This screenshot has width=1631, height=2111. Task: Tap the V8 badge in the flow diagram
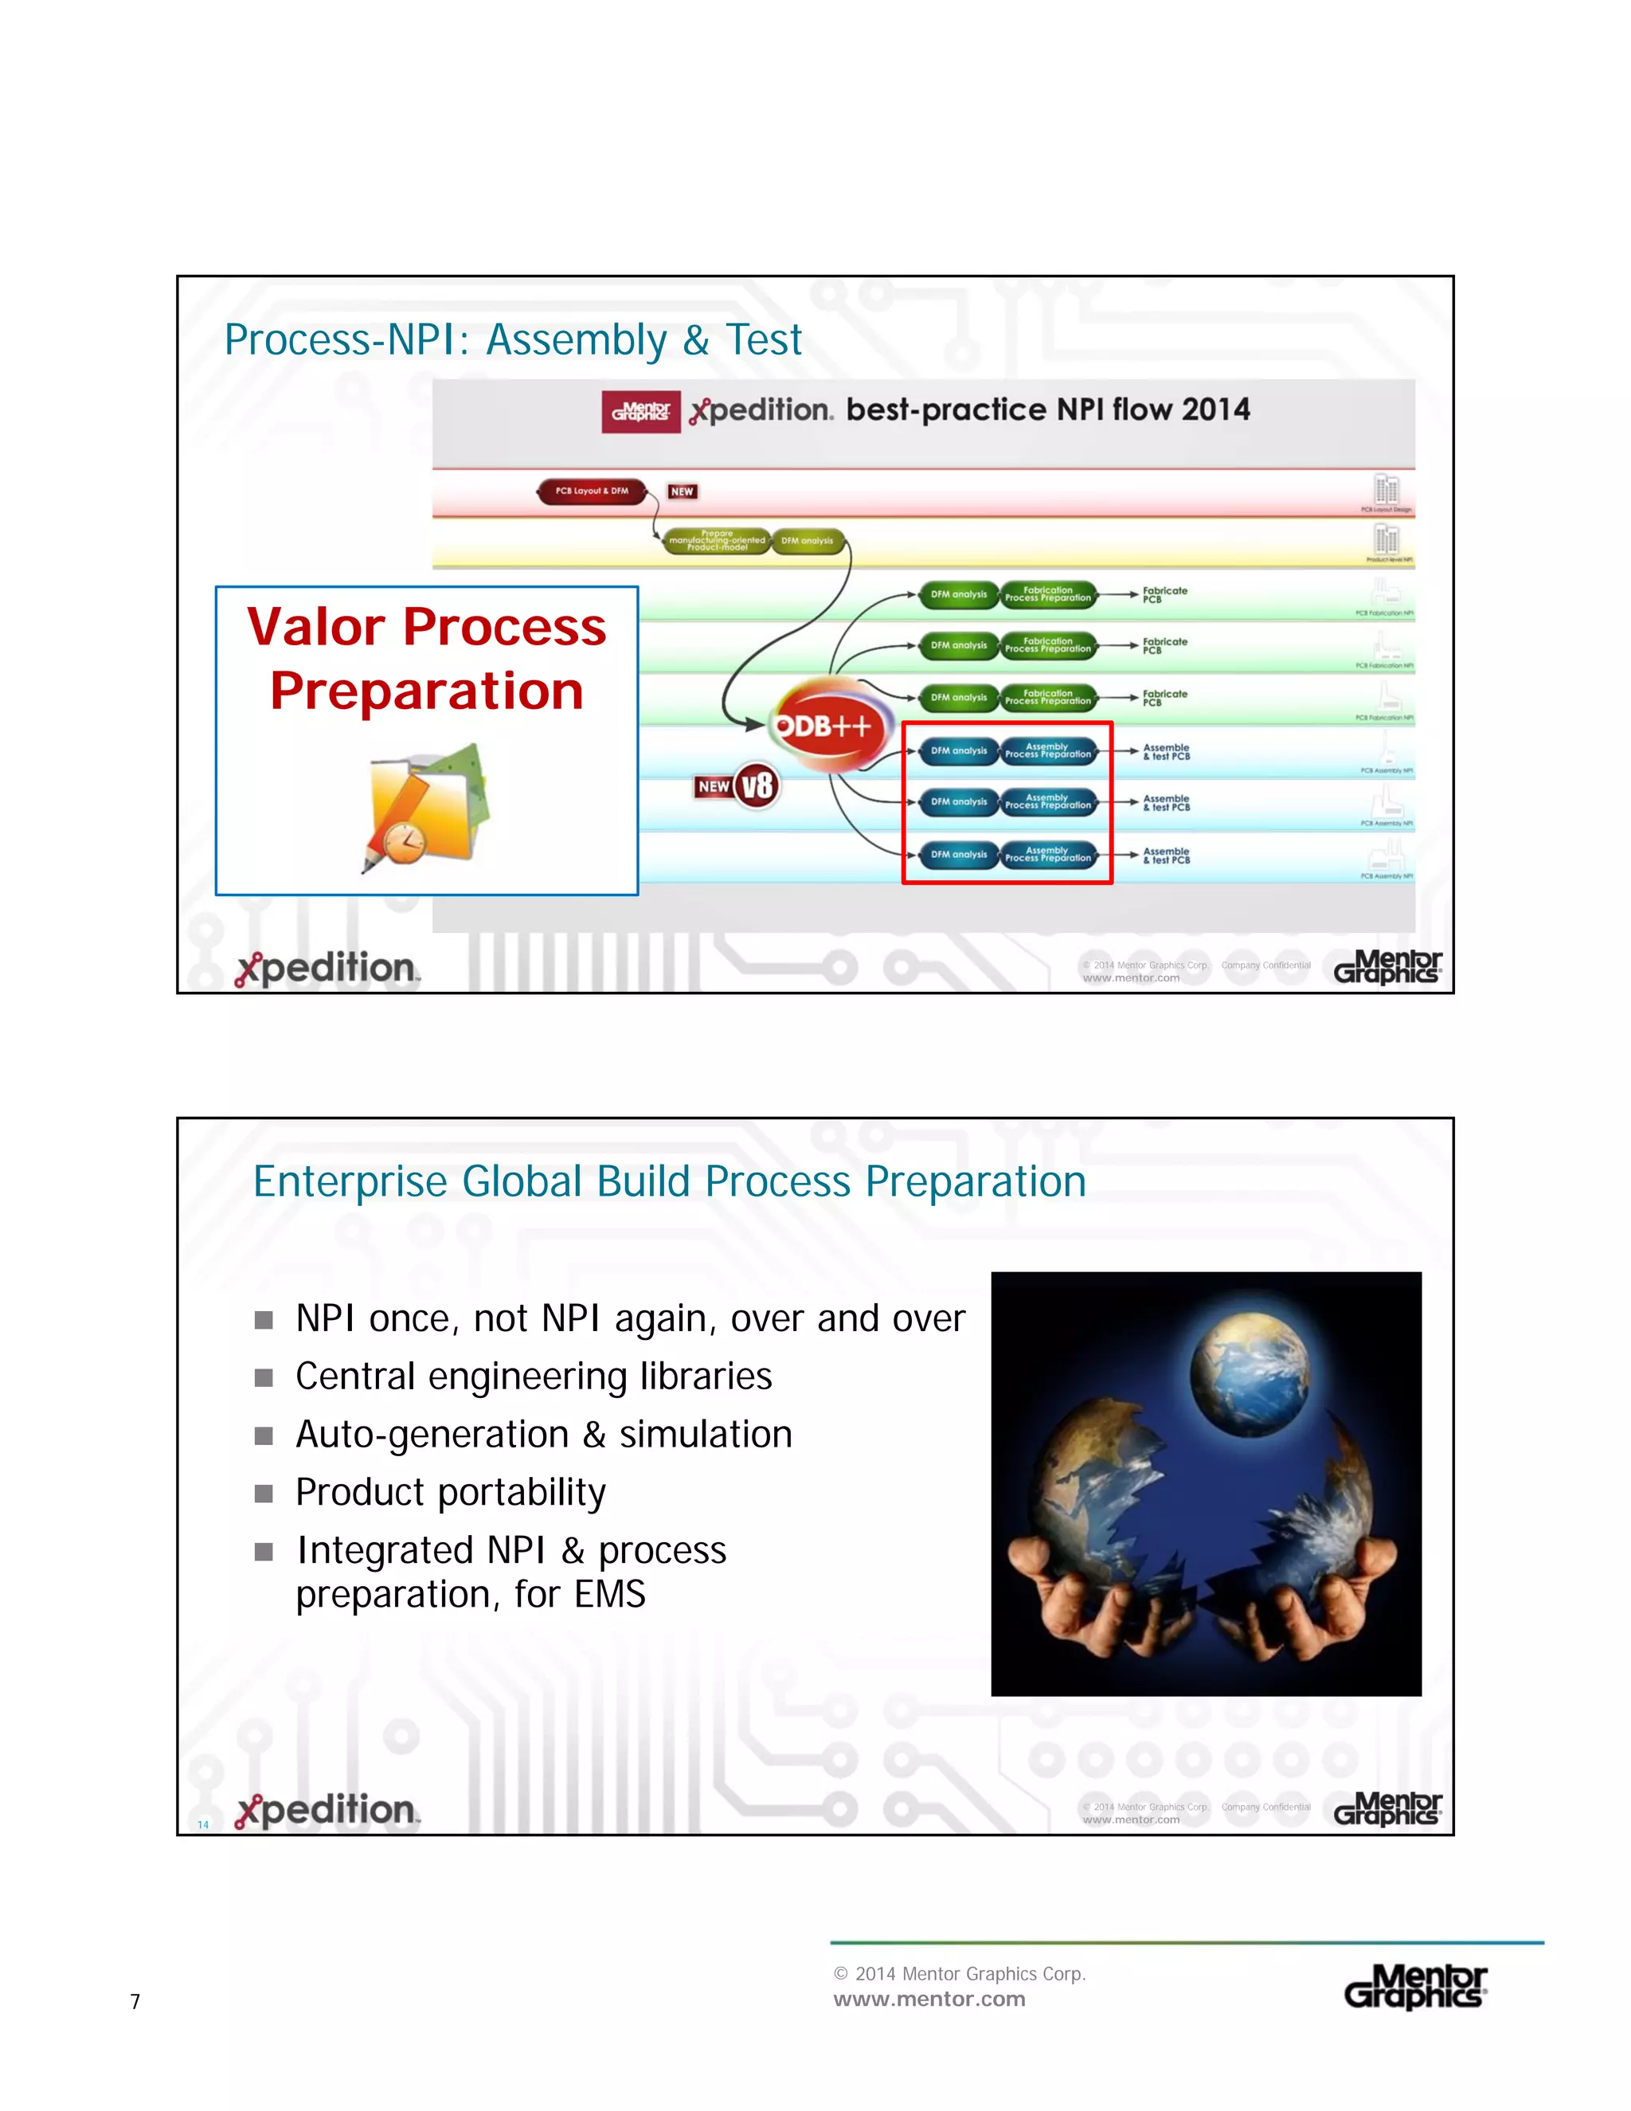click(x=757, y=785)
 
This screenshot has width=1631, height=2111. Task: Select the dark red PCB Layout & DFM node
click(x=592, y=491)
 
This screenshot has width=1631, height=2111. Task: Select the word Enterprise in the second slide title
click(x=350, y=1181)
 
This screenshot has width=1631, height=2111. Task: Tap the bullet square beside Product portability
click(x=264, y=1494)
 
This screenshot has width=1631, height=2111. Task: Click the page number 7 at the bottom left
click(x=135, y=2002)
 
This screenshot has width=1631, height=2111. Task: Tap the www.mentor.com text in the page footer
click(x=929, y=1999)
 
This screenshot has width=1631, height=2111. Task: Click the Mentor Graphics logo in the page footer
click(x=1415, y=1988)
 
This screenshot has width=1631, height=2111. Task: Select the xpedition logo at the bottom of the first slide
click(x=327, y=969)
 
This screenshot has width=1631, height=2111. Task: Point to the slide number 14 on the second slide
click(x=203, y=1825)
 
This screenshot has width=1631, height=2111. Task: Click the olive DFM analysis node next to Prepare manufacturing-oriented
click(x=808, y=541)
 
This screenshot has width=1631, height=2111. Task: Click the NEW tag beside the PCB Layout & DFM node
click(x=683, y=492)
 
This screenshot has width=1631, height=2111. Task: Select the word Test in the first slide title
click(x=763, y=340)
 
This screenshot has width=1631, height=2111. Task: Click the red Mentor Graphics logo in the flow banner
click(x=640, y=412)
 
